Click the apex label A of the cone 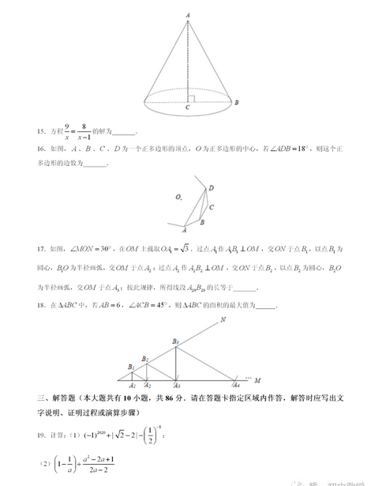188,14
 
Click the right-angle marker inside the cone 191,97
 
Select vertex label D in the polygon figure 211,188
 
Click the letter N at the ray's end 223,320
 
